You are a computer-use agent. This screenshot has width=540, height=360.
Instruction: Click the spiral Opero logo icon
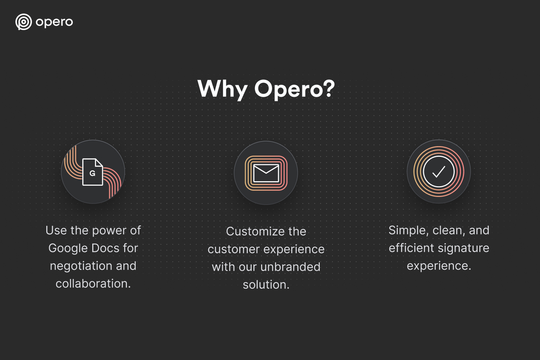click(x=24, y=22)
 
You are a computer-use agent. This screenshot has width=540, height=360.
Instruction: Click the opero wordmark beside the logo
click(x=54, y=22)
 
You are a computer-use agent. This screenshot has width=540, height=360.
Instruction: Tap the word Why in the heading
click(x=222, y=89)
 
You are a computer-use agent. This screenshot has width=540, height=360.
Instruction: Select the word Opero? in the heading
click(x=294, y=89)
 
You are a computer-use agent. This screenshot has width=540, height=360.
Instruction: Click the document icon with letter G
click(x=93, y=172)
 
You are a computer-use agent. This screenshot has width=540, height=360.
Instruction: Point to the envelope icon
click(x=266, y=173)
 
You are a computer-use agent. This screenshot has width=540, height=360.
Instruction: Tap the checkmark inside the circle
click(x=439, y=172)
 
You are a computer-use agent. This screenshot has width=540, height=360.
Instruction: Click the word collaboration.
click(x=93, y=284)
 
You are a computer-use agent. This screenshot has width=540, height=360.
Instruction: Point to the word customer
click(x=233, y=249)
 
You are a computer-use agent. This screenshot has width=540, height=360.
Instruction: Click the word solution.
click(x=266, y=285)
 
